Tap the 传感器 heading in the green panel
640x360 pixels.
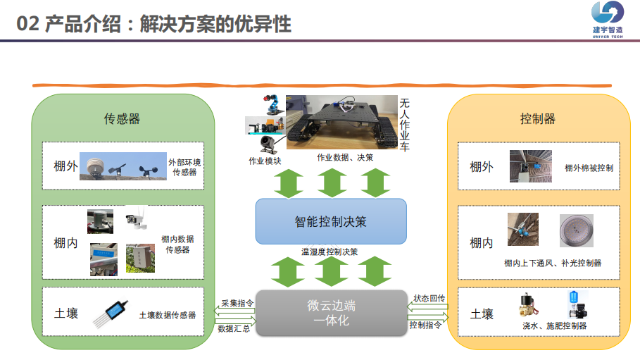123,118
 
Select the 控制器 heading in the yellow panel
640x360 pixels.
538,118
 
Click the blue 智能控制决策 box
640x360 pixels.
330,221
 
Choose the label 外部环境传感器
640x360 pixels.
185,167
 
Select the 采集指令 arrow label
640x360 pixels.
237,303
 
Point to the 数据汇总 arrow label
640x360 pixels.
234,328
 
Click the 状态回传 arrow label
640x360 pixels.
429,299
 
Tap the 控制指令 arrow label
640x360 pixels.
426,325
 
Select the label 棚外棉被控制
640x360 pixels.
589,168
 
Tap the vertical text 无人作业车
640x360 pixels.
405,124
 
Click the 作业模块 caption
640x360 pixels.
265,161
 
